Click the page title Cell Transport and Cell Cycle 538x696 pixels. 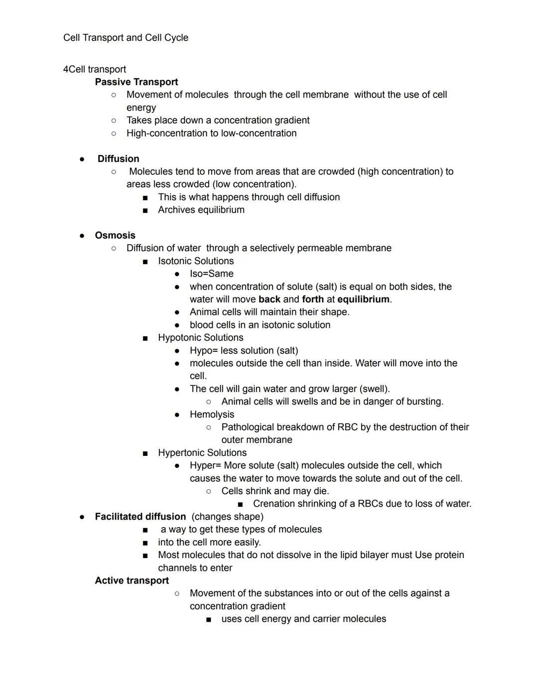click(126, 38)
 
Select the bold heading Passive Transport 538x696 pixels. click(136, 82)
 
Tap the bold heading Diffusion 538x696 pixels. click(118, 158)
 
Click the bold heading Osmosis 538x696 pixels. click(115, 235)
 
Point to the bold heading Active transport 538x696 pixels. click(132, 580)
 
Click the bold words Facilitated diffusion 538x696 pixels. click(140, 517)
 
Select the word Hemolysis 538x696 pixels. click(212, 415)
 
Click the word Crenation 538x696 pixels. click(273, 504)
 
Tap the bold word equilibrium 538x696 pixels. click(363, 299)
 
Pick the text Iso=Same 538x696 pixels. click(211, 274)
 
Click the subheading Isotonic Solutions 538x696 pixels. click(196, 261)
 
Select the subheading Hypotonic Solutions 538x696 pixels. click(200, 338)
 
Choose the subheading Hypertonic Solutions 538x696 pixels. click(202, 453)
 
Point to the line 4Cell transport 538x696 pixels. click(94, 69)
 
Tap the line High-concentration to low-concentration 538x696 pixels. click(211, 133)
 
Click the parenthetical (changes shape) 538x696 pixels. click(227, 517)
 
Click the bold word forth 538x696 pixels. click(313, 299)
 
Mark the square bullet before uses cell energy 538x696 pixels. click(209, 619)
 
